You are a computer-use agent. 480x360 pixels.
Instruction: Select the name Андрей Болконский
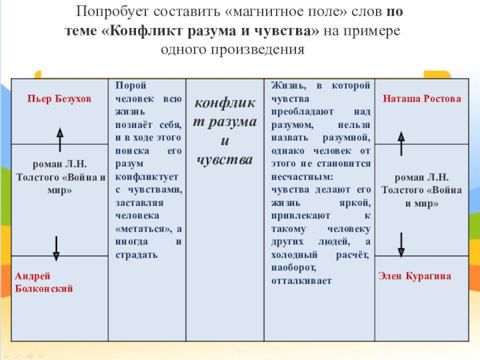pyautogui.click(x=44, y=282)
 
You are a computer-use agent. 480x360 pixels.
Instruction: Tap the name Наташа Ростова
pyautogui.click(x=422, y=98)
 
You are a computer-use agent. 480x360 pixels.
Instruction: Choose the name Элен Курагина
pyautogui.click(x=415, y=276)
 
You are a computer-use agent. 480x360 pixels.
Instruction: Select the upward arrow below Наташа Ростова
pyautogui.click(x=401, y=144)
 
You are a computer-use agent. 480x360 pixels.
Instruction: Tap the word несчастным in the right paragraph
pyautogui.click(x=301, y=178)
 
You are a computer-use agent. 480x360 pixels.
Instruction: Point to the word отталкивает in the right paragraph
pyautogui.click(x=301, y=280)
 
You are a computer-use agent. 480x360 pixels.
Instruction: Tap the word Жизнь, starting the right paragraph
pyautogui.click(x=287, y=86)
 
